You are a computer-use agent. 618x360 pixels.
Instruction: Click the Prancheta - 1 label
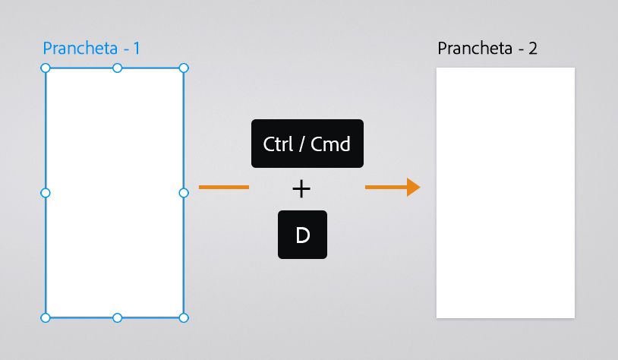click(x=91, y=49)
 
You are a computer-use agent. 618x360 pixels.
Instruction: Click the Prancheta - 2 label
click(x=487, y=49)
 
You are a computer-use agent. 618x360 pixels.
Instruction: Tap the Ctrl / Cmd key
click(x=307, y=144)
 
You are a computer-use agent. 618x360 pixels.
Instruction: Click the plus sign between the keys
click(x=302, y=189)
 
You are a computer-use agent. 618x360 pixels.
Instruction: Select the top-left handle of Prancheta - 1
click(x=46, y=68)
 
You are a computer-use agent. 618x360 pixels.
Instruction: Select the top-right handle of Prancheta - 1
click(x=184, y=68)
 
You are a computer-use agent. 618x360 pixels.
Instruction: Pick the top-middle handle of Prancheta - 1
click(x=117, y=68)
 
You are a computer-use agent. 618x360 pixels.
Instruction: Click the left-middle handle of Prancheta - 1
click(x=46, y=193)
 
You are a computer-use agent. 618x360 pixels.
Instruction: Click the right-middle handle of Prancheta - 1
click(x=184, y=193)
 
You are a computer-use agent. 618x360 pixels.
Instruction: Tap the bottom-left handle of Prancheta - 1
click(x=46, y=317)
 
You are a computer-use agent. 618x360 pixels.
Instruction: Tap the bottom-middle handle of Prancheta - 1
click(x=117, y=317)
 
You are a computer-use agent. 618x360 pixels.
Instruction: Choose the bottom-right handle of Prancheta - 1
click(x=184, y=317)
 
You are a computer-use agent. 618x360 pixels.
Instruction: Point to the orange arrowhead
click(x=413, y=187)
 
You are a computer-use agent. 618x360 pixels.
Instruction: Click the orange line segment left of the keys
click(x=223, y=187)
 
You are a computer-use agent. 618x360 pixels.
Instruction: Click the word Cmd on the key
click(x=331, y=144)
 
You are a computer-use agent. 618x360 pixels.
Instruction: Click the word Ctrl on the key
click(x=278, y=144)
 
